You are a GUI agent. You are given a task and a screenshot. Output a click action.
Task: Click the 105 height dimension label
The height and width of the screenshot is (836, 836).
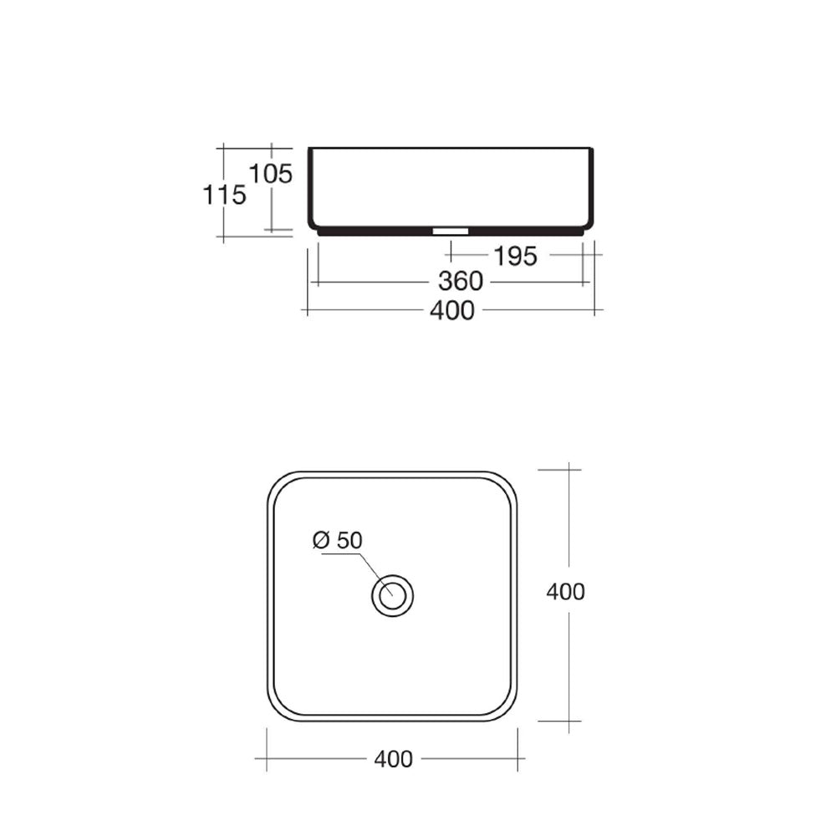point(272,173)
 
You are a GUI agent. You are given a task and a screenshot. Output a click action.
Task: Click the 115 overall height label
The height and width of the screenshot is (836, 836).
point(224,195)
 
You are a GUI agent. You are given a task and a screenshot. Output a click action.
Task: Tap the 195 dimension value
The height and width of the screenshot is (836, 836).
point(516,257)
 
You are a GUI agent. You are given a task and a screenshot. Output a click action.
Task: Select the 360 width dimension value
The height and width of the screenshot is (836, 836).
point(461,281)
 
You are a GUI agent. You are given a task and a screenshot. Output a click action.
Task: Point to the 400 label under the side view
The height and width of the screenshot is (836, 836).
point(452,310)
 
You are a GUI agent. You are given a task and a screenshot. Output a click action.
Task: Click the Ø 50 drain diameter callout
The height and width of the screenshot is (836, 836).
point(338,540)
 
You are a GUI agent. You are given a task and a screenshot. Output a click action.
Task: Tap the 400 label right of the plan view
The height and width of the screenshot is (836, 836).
point(566,591)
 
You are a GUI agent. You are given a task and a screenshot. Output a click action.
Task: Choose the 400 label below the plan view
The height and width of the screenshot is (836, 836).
point(394,759)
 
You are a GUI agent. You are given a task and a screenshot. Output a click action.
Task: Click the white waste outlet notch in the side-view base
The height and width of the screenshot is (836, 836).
point(451,232)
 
